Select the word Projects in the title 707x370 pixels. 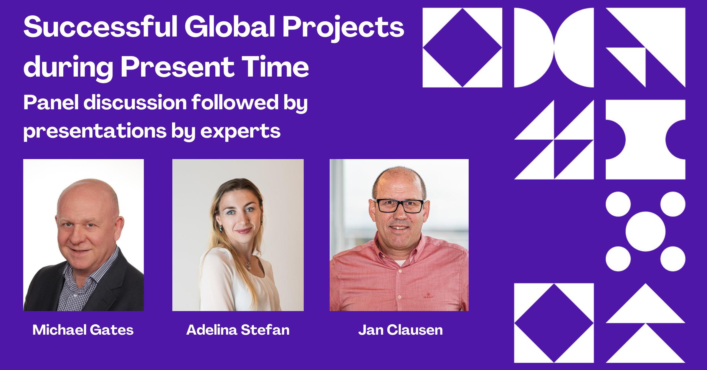tap(343, 29)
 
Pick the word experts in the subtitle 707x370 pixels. tap(240, 131)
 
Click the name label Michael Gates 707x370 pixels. tap(83, 330)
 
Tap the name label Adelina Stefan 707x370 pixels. tap(238, 330)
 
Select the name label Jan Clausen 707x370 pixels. tap(401, 330)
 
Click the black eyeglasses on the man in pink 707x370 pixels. tap(399, 206)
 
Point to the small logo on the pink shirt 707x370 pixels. tap(429, 295)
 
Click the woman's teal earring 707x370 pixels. tap(220, 229)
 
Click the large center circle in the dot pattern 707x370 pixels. tap(645, 232)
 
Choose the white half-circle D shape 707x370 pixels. tap(534, 47)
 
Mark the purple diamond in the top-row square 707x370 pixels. tap(462, 47)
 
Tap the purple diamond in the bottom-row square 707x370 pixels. tap(554, 323)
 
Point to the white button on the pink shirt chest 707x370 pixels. tap(400, 271)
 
